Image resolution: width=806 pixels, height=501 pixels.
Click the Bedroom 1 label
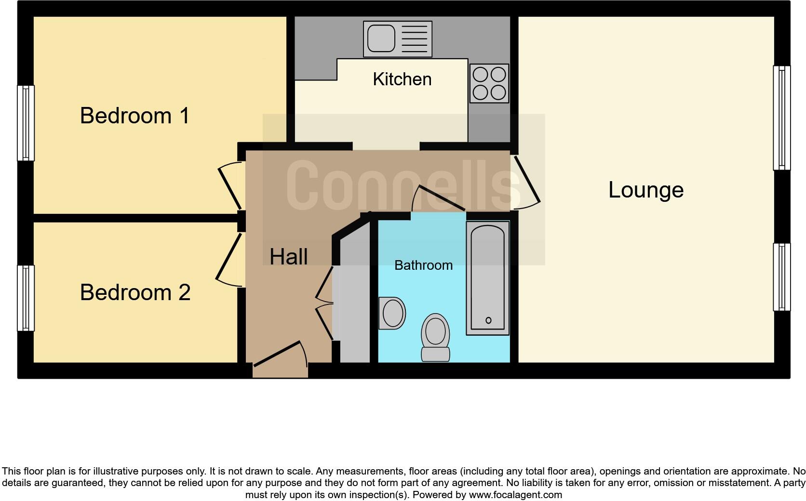point(134,116)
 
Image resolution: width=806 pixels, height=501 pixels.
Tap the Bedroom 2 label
point(135,292)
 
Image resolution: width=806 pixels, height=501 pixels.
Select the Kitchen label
point(402,79)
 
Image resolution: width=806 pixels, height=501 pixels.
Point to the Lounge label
point(645,190)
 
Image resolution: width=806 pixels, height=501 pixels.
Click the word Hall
point(288,256)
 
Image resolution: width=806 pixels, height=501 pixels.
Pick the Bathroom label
point(423,265)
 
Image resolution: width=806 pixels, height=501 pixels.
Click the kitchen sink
point(381,39)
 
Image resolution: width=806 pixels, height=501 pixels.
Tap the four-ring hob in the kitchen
point(489,83)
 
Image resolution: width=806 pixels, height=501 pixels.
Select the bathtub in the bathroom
point(487,278)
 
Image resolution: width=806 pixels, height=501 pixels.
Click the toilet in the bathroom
point(435,337)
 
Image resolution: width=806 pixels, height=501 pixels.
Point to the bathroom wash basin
point(392,313)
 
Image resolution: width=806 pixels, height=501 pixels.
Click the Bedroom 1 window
point(26,123)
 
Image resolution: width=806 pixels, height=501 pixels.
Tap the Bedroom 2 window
point(26,298)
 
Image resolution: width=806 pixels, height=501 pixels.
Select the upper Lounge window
point(781,118)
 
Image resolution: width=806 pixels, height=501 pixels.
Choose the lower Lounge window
point(781,277)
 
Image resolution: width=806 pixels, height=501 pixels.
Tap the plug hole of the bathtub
point(488,320)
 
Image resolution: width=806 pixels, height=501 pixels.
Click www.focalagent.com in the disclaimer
point(515,495)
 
